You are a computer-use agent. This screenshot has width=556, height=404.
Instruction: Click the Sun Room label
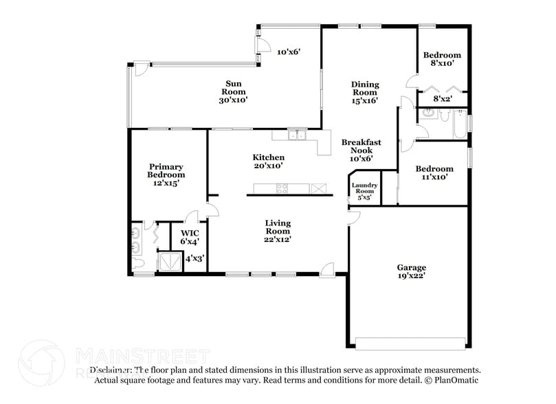click(233, 91)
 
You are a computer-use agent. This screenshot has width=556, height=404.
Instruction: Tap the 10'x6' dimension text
click(288, 52)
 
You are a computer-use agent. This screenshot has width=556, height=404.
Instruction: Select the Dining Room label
click(365, 92)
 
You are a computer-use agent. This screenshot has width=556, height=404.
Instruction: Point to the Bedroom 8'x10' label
click(442, 59)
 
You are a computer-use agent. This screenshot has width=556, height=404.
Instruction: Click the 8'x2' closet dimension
click(442, 99)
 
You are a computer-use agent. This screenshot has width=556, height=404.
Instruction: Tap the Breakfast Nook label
click(361, 150)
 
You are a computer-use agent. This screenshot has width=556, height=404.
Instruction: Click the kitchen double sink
click(297, 135)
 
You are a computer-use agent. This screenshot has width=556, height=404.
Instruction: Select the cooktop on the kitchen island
click(282, 188)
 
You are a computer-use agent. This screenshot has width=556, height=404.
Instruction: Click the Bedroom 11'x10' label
click(434, 172)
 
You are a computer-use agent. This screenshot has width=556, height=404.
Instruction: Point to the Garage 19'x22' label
click(411, 271)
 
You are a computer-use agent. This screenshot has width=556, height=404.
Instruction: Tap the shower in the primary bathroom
click(168, 262)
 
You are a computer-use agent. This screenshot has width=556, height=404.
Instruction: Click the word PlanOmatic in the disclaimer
click(456, 380)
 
